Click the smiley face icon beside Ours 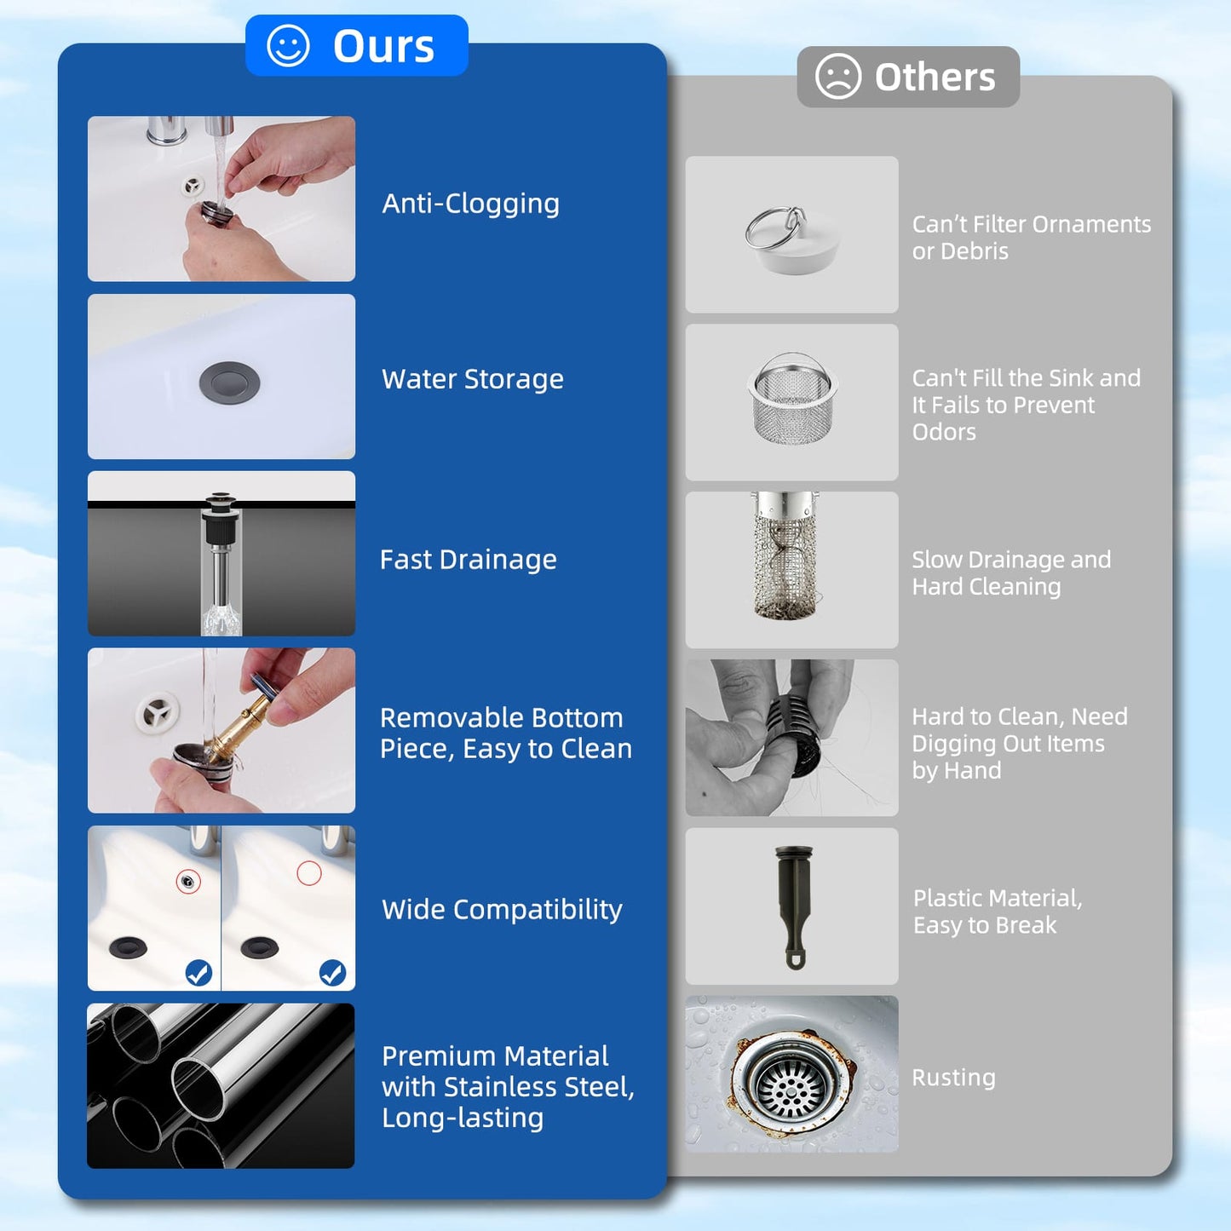288,46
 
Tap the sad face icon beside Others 838,76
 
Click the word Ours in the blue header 383,46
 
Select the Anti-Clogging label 471,204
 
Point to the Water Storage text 473,379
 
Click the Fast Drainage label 469,560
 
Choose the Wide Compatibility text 502,910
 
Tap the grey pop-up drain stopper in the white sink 229,383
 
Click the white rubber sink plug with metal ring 791,239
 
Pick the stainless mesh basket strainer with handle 792,398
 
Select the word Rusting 953,1078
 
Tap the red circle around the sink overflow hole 187,882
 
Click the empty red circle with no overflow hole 309,873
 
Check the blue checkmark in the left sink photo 198,973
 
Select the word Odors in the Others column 944,433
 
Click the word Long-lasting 463,1118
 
